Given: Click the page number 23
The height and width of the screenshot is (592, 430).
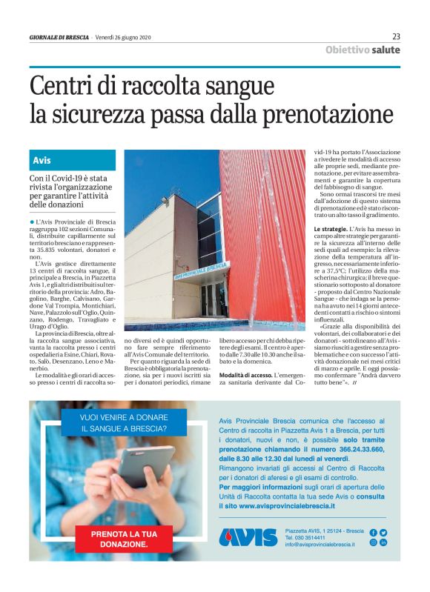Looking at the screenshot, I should point(396,36).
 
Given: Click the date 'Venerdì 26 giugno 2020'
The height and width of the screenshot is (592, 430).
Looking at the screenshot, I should point(122,37).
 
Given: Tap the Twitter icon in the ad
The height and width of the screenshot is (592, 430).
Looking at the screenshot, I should point(383,532).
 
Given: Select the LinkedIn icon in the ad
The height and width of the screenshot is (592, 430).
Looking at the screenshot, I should point(383,542).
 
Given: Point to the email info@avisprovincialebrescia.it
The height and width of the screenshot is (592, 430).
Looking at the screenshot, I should point(321,545).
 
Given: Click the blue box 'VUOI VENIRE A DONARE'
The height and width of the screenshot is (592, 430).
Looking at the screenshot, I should point(123,423).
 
